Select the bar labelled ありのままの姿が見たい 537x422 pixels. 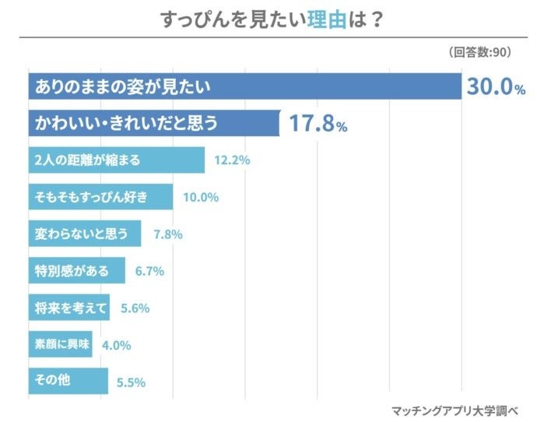[x=244, y=86]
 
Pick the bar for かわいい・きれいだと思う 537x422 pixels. [x=154, y=123]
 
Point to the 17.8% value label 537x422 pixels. [x=318, y=124]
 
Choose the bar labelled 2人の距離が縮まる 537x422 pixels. [x=116, y=160]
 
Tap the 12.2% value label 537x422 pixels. [x=232, y=161]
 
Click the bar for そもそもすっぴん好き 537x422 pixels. [x=100, y=197]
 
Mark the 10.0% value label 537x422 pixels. [x=201, y=197]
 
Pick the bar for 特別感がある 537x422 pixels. [x=77, y=270]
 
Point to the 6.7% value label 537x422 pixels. [x=150, y=271]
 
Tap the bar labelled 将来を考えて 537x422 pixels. [x=69, y=307]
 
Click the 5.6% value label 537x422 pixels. [x=135, y=308]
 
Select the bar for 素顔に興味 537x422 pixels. [x=60, y=344]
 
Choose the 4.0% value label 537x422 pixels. [x=116, y=345]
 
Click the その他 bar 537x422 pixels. [x=68, y=381]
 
